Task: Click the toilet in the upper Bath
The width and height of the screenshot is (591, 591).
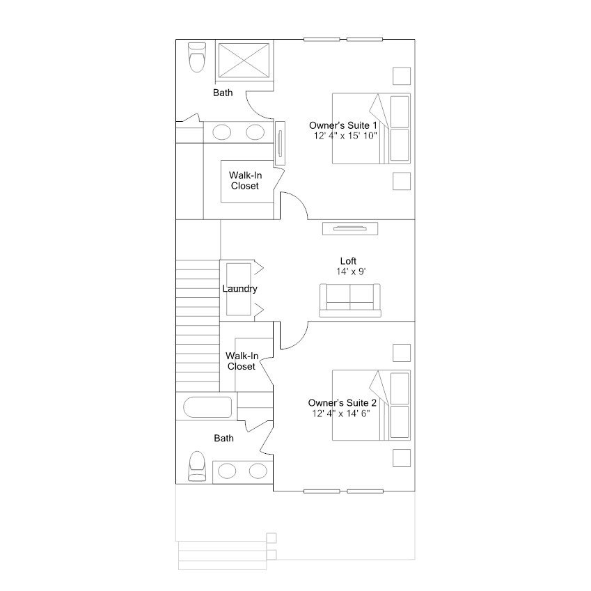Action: coord(197,57)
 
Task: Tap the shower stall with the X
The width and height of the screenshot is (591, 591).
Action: coord(244,61)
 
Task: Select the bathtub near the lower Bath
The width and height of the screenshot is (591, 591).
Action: coord(207,407)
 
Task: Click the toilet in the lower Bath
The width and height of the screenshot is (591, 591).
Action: coord(197,466)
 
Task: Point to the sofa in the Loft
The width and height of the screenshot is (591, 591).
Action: coord(350,301)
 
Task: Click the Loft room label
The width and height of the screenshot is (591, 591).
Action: coord(348,261)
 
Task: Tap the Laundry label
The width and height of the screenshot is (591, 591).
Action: coord(239,289)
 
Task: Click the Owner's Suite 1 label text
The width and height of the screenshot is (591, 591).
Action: coord(343,125)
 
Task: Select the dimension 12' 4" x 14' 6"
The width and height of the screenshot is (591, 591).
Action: coord(341,413)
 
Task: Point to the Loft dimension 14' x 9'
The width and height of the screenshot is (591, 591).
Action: coord(352,271)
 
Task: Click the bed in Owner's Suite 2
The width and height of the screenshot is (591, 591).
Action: coord(371,405)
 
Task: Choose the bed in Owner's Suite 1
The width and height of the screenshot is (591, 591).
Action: coord(371,129)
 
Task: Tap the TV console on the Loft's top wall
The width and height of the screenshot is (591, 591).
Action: coord(350,228)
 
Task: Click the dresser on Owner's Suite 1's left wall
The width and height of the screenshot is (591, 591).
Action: coord(280,143)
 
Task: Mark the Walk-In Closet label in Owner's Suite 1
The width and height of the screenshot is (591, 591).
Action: coord(245,180)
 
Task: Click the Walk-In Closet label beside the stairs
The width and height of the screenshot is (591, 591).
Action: coord(242,361)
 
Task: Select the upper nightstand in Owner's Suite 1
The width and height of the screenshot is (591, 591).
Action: coord(402,76)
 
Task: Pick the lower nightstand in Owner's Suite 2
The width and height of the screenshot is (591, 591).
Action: coord(402,458)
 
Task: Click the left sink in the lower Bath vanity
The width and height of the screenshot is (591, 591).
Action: coord(227,471)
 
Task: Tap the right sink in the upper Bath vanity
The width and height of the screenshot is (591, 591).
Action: coord(255,132)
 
